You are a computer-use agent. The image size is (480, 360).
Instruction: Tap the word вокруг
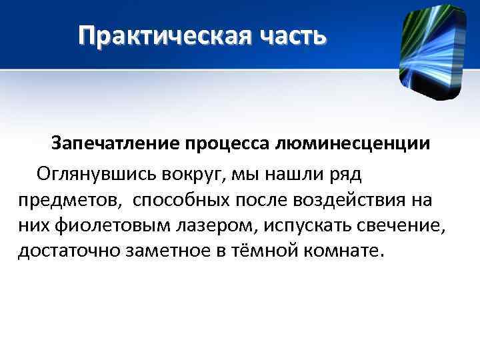point(192,174)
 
